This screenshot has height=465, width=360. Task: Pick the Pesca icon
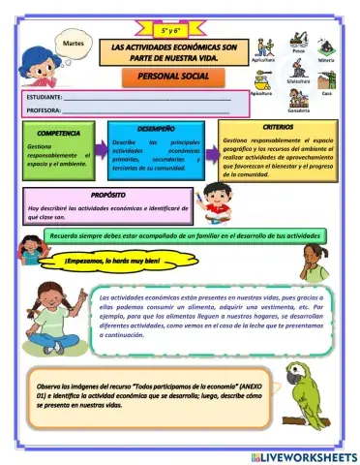298,46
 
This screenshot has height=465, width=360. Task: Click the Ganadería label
298,110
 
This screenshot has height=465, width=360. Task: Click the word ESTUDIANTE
43,98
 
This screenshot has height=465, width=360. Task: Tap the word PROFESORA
43,110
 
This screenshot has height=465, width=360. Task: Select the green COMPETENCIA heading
57,131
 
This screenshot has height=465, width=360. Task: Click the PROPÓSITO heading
102,196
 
